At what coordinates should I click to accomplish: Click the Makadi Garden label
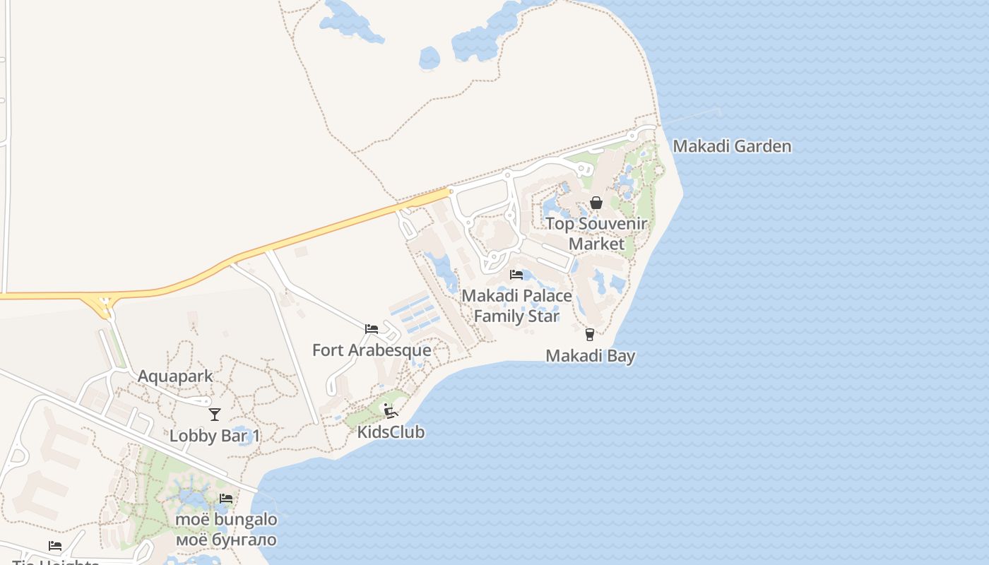coord(731,147)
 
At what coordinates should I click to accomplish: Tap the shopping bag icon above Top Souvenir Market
coord(596,203)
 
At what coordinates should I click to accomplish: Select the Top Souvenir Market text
coord(596,234)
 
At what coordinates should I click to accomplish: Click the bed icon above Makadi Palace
coord(516,275)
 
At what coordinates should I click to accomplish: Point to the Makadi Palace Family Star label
coord(516,305)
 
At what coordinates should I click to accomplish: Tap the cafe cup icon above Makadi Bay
coord(590,335)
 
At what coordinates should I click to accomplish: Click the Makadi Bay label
coord(590,356)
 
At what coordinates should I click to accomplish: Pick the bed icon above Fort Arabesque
coord(371,329)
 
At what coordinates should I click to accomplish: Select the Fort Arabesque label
coord(372,350)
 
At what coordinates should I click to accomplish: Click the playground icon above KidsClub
coord(390,410)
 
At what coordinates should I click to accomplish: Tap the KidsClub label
coord(391,432)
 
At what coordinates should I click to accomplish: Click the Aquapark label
coord(175,376)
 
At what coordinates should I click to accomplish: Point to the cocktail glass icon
coord(215,415)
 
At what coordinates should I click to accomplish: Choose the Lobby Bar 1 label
coord(215,436)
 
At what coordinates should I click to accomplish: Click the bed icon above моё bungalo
coord(226,499)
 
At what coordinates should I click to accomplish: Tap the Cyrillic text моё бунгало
coord(226,540)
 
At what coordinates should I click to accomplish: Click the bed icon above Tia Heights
coord(55,546)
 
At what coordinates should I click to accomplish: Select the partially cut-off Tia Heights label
coord(55,562)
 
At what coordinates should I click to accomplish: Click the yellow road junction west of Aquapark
coord(105,304)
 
